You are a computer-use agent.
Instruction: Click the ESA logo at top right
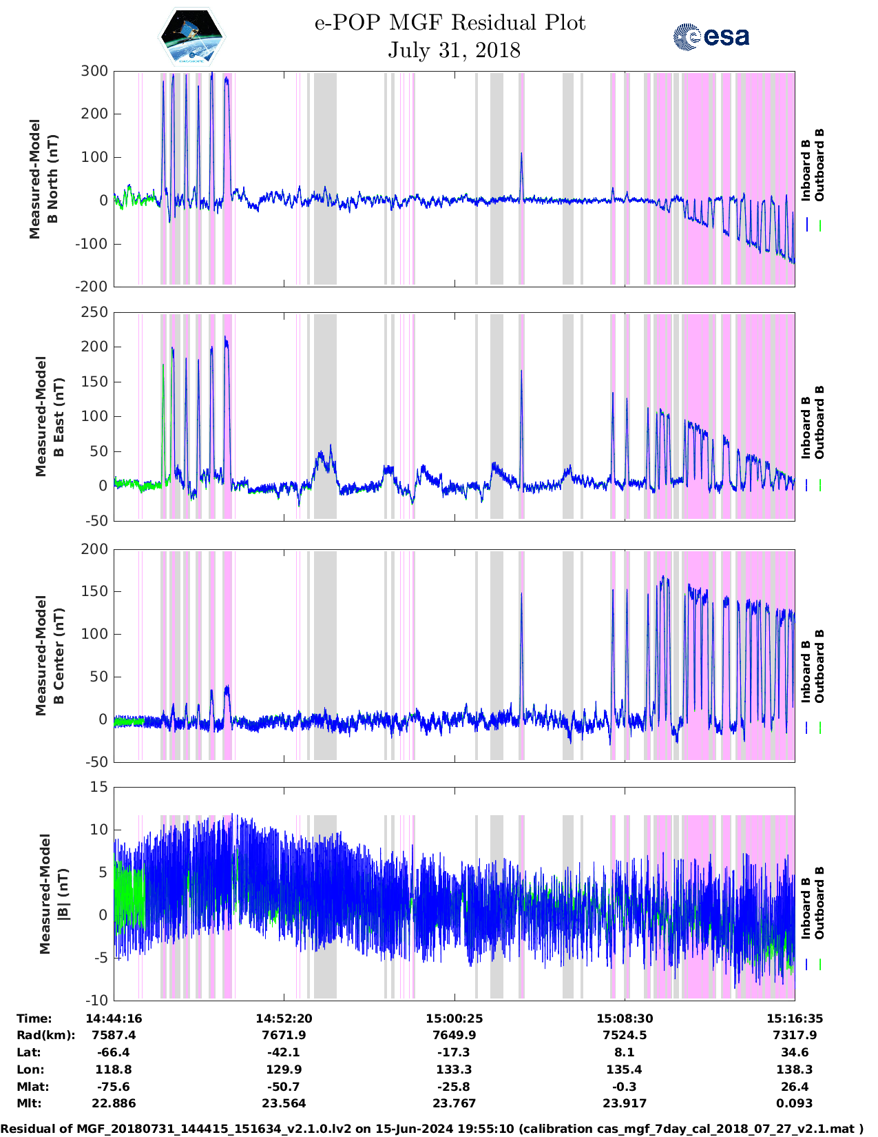pyautogui.click(x=711, y=37)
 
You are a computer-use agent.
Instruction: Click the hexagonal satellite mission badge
pyautogui.click(x=192, y=37)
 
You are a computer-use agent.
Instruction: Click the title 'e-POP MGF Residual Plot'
pyautogui.click(x=450, y=23)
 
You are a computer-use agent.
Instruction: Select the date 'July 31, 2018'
pyautogui.click(x=454, y=50)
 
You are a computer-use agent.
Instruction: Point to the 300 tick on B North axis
pyautogui.click(x=94, y=71)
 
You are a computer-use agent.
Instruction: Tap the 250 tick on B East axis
pyautogui.click(x=94, y=312)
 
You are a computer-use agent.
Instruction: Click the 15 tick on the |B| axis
pyautogui.click(x=100, y=787)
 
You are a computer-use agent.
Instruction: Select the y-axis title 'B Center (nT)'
pyautogui.click(x=59, y=655)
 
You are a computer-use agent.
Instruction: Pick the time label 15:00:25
pyautogui.click(x=454, y=1018)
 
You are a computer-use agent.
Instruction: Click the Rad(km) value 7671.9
pyautogui.click(x=284, y=1035)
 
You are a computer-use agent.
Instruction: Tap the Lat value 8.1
pyautogui.click(x=624, y=1052)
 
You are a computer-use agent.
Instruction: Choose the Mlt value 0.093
pyautogui.click(x=794, y=1103)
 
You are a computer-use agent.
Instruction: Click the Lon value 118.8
pyautogui.click(x=114, y=1069)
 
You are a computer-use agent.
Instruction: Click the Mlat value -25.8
pyautogui.click(x=454, y=1087)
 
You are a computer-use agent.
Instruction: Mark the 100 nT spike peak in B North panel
pyautogui.click(x=521, y=154)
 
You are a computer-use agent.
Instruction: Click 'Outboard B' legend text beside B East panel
pyautogui.click(x=819, y=422)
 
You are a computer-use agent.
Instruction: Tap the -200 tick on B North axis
pyautogui.click(x=94, y=286)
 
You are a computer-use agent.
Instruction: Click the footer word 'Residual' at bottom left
pyautogui.click(x=29, y=1129)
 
